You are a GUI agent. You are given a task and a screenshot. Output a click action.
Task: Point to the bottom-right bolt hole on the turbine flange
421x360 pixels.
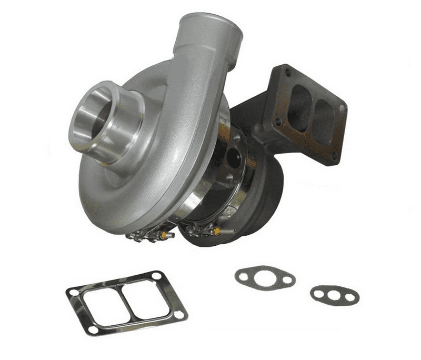click(x=333, y=155)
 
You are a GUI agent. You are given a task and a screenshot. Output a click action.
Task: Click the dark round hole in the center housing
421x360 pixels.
click(x=232, y=158)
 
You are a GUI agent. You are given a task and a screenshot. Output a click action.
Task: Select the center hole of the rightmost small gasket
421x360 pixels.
click(x=334, y=295)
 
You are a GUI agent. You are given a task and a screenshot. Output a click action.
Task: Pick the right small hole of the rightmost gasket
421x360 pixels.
click(x=350, y=298)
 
